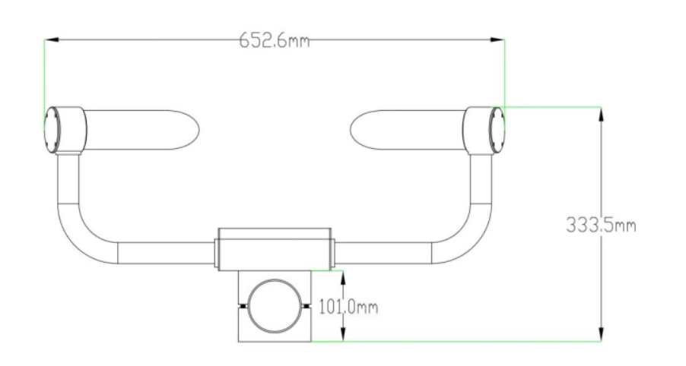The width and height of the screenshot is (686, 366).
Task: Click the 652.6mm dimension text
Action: (275, 40)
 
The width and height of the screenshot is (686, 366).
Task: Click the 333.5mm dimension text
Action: (601, 226)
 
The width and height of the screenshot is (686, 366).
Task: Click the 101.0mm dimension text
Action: (348, 307)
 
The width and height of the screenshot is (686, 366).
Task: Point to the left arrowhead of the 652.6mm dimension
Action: (52, 39)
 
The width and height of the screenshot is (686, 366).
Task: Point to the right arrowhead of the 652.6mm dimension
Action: (497, 39)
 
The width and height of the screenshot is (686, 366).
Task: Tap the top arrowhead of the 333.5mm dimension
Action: (601, 115)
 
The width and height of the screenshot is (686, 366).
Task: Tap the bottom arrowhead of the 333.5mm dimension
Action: (601, 333)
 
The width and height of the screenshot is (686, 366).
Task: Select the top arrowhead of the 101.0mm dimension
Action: (343, 278)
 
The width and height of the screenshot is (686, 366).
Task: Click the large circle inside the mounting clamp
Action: (275, 280)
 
